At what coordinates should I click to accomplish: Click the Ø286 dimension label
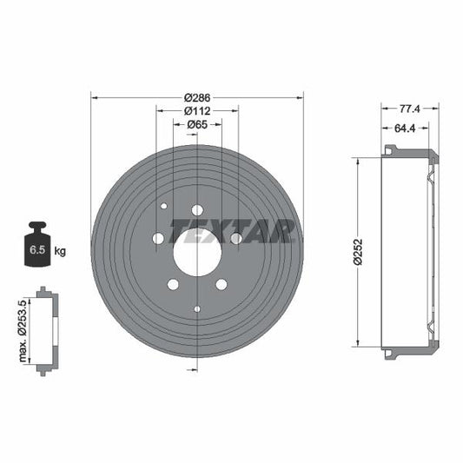[x=197, y=97]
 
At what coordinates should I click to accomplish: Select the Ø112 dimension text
[x=197, y=111]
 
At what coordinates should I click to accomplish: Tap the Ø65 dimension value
[x=197, y=124]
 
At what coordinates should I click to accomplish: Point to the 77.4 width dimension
[x=409, y=109]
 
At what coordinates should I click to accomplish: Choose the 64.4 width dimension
[x=405, y=129]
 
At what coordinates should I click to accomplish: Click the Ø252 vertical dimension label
[x=358, y=252]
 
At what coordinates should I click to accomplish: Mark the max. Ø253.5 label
[x=23, y=331]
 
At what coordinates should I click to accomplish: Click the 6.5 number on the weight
[x=37, y=250]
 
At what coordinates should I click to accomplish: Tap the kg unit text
[x=60, y=251]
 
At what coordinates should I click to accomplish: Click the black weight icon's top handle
[x=37, y=225]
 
